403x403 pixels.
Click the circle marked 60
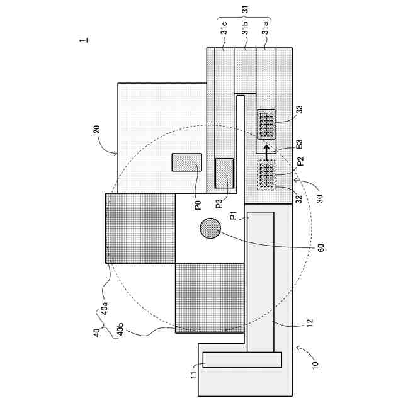[x=210, y=229]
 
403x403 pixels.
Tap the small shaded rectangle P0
[x=187, y=162]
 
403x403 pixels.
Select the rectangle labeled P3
[x=224, y=173]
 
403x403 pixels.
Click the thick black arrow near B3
[x=266, y=150]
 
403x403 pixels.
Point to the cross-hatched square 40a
[x=140, y=228]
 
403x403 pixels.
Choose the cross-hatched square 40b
[x=209, y=297]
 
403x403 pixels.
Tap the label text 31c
[x=224, y=33]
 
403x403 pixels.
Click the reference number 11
[x=193, y=375]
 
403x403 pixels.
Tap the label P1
[x=233, y=215]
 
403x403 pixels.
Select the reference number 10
[x=314, y=363]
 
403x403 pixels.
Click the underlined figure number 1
[x=83, y=41]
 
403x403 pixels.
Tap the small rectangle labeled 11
[x=242, y=360]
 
